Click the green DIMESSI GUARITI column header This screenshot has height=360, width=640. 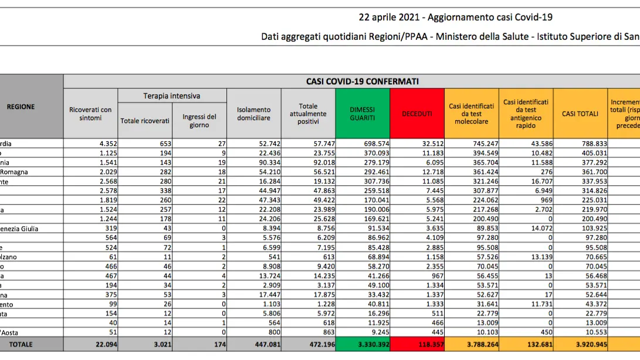pyautogui.click(x=363, y=113)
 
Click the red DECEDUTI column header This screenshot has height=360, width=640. pyautogui.click(x=416, y=113)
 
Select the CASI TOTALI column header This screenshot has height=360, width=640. pyautogui.click(x=580, y=113)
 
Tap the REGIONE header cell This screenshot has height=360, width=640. pyautogui.click(x=21, y=107)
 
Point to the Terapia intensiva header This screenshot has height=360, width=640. pyautogui.click(x=172, y=96)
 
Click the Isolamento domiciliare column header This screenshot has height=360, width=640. pyautogui.click(x=253, y=113)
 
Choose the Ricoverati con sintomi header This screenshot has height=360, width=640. pyautogui.click(x=90, y=113)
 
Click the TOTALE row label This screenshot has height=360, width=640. pyautogui.click(x=21, y=344)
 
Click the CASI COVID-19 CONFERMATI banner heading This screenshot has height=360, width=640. pyautogui.click(x=363, y=81)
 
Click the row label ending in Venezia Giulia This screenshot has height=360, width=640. pyautogui.click(x=23, y=229)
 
